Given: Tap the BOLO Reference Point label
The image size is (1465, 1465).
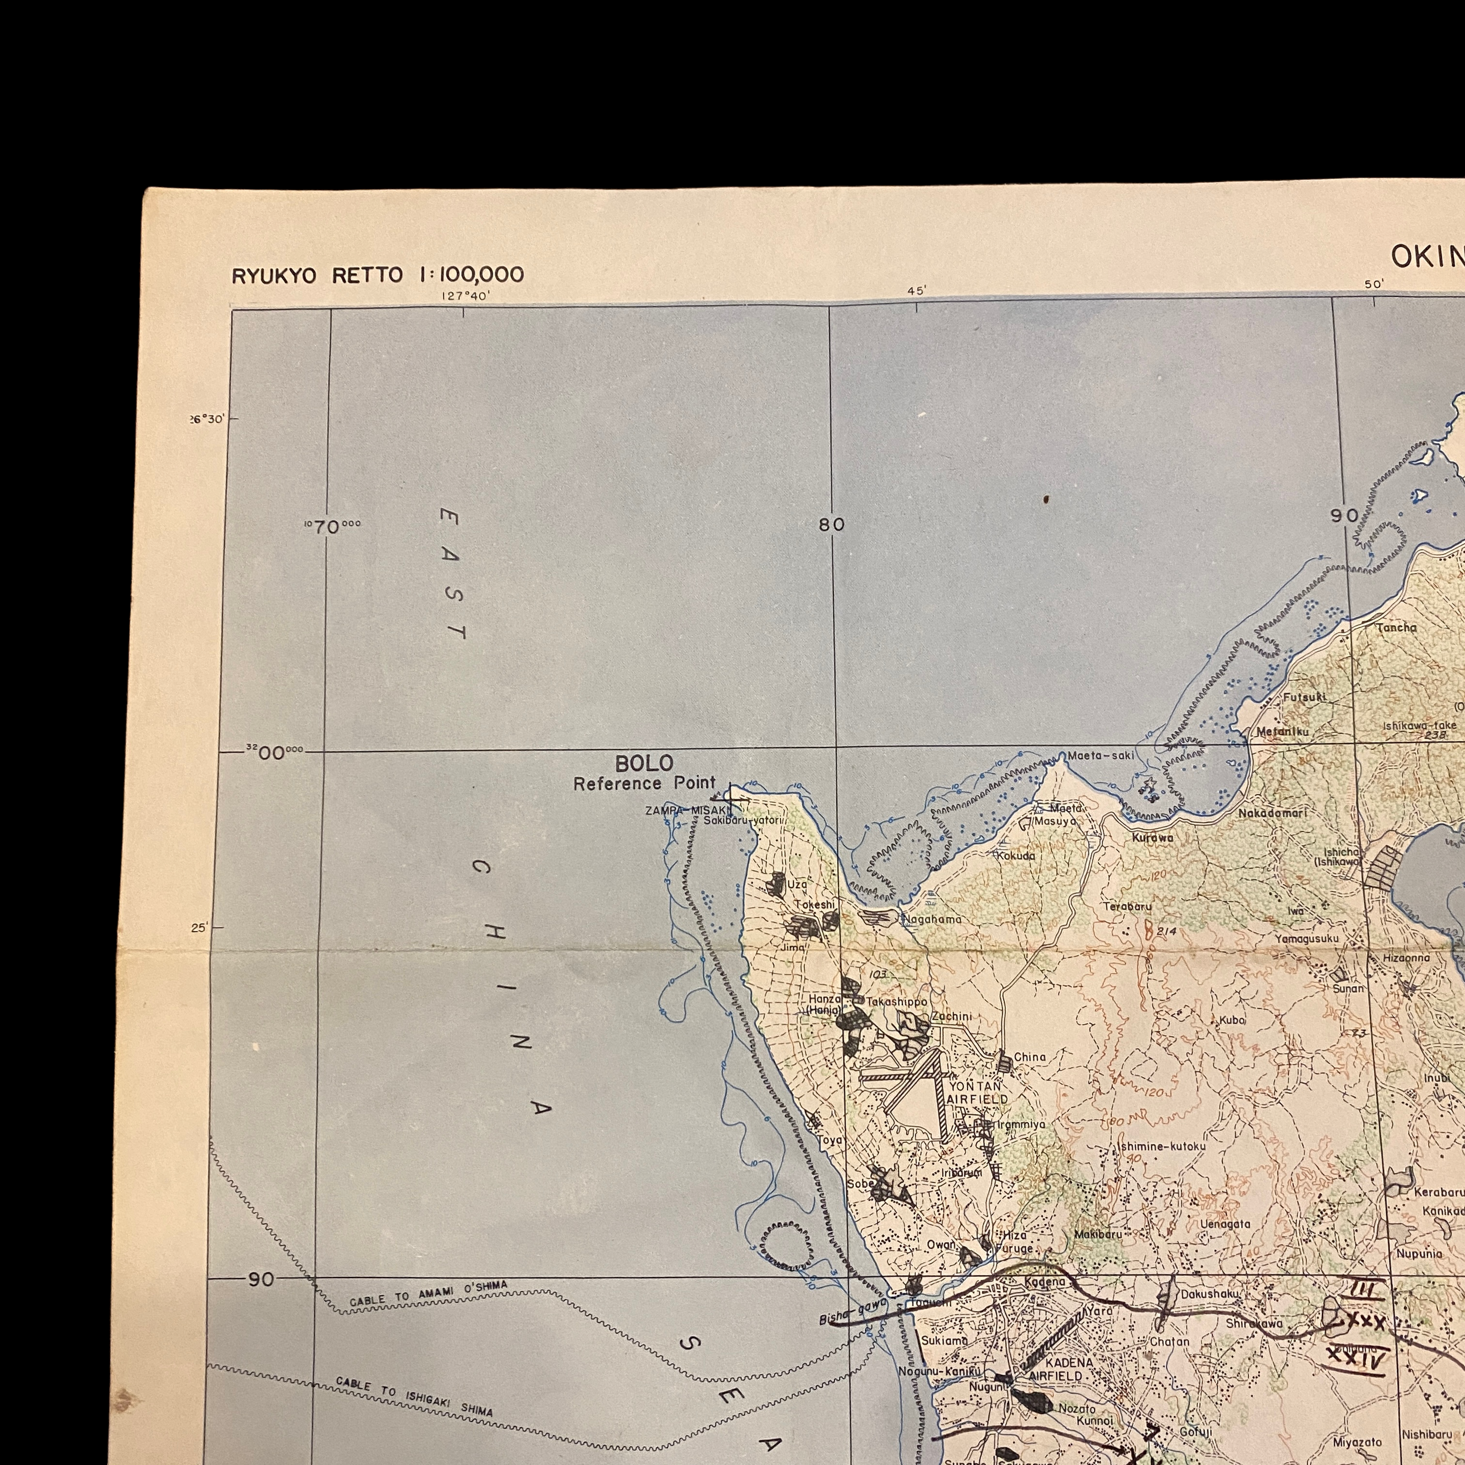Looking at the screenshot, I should [x=645, y=773].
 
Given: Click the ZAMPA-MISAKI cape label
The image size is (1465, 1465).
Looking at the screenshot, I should [x=678, y=810].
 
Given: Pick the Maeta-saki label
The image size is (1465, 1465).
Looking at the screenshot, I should [x=1101, y=756].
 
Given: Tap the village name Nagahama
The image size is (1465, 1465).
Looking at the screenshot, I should [x=932, y=919].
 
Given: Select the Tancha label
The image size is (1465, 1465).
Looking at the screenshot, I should [x=1396, y=628].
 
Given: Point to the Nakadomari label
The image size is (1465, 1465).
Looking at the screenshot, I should [x=1273, y=813].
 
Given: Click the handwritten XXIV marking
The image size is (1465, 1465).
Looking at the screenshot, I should [x=1357, y=1358].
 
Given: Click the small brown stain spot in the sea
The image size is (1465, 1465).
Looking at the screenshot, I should [x=1047, y=499].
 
